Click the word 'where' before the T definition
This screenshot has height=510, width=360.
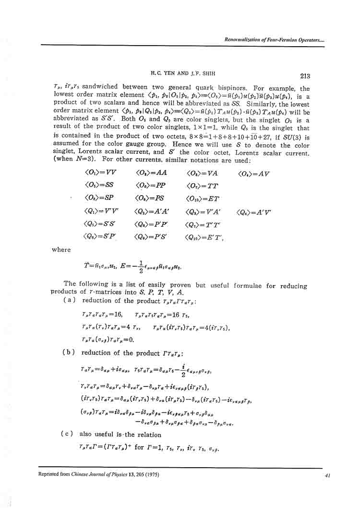pyautogui.click(x=61, y=249)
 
